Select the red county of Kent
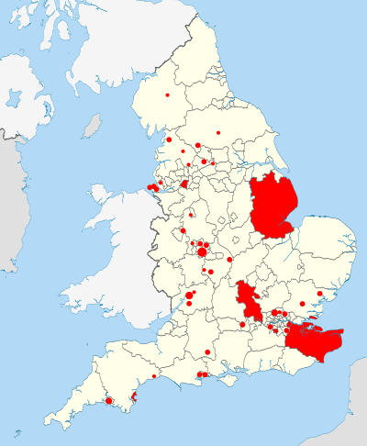[313, 339]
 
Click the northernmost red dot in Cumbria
[168, 95]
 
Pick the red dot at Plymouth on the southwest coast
[109, 400]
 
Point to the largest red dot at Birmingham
[201, 251]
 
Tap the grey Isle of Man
[92, 126]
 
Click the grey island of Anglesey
[101, 195]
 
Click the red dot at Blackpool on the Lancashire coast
[170, 139]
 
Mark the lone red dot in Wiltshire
[208, 352]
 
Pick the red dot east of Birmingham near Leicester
[229, 260]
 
